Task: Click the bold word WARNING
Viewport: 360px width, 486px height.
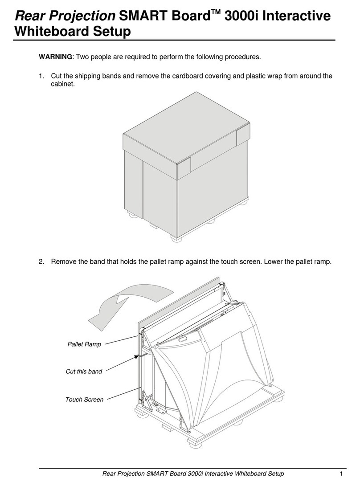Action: pos(55,57)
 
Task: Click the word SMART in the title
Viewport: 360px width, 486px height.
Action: pos(139,16)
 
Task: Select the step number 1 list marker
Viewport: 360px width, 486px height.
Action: pos(41,76)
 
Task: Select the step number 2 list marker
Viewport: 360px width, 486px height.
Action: pos(41,261)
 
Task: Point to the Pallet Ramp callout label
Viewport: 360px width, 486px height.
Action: pos(84,344)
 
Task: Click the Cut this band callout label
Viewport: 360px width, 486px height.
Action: pos(84,372)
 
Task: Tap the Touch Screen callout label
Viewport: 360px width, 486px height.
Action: pos(84,400)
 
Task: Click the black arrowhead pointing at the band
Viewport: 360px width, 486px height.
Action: pos(136,357)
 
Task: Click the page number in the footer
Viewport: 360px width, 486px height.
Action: pos(341,474)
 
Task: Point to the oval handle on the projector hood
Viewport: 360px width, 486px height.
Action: pos(184,339)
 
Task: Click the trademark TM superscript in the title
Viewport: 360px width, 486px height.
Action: pos(216,12)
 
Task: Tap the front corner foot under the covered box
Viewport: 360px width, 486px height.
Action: pos(176,239)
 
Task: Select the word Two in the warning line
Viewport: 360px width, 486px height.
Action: pos(82,57)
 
